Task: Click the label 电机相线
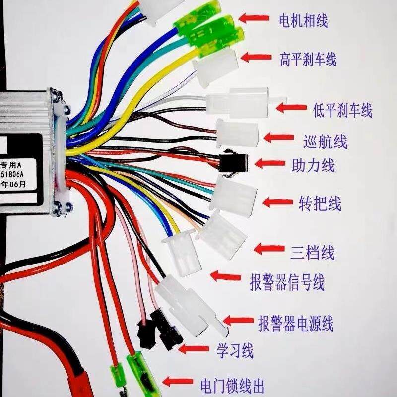coord(303,21)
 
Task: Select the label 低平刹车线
coord(342,110)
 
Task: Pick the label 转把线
coord(320,203)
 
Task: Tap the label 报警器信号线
coord(287,282)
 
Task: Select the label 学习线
coord(235,351)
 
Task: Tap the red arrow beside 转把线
coord(277,202)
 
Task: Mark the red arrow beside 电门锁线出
coord(178,382)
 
